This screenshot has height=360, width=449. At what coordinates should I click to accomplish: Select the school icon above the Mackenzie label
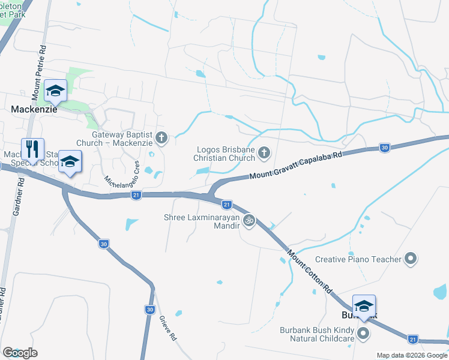pos(55,91)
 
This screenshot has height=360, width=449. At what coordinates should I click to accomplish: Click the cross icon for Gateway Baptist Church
pos(161,139)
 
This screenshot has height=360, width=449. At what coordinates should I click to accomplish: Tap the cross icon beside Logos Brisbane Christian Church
pos(264,154)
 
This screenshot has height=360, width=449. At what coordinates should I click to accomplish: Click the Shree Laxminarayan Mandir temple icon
pos(249,221)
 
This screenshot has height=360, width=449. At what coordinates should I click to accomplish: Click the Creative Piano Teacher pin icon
pos(411,259)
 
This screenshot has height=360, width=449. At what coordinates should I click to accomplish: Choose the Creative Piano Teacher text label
pos(358,259)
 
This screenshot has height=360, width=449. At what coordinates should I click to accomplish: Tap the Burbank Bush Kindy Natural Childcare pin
pos(363,332)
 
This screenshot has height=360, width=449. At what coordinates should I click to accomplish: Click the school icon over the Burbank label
pos(363,306)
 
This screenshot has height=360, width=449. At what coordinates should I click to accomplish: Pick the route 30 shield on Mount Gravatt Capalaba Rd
pos(384,148)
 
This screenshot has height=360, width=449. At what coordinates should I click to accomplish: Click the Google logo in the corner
pos(20,352)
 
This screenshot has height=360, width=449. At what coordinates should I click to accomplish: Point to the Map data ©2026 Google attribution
pos(412,355)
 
